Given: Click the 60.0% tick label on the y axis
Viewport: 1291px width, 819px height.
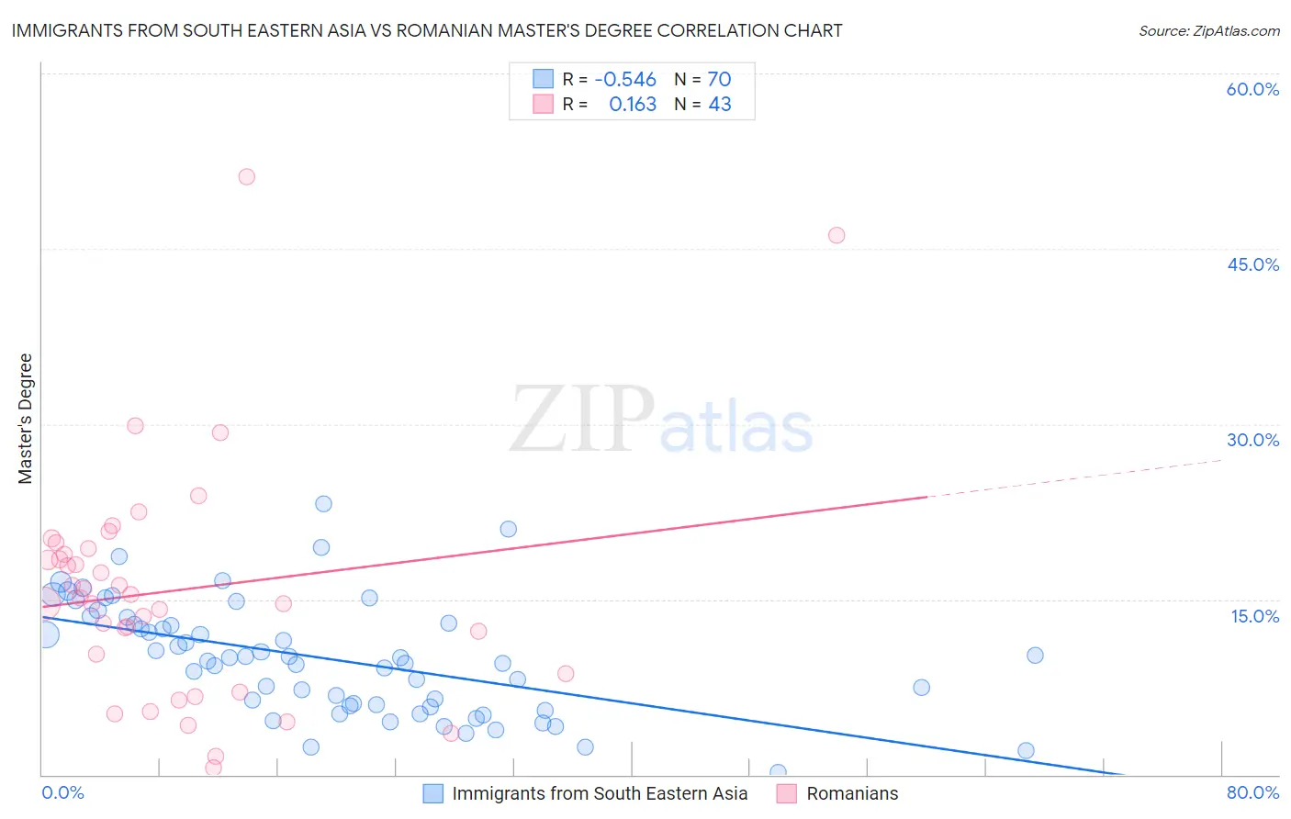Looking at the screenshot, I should coord(1252,89).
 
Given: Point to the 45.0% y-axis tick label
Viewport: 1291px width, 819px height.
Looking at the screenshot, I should coord(1252,264).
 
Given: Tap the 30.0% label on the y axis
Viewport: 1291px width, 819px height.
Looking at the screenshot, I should coord(1252,440).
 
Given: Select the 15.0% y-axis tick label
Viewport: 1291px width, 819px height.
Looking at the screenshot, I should coord(1254,616).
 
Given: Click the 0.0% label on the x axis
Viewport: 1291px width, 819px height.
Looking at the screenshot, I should coord(62,792).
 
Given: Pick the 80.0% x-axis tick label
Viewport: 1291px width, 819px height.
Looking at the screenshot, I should coord(1252,792).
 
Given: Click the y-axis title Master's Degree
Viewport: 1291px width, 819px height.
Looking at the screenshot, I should coord(26,419).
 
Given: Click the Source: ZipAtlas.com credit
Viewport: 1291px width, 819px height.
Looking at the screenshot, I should coord(1208,30).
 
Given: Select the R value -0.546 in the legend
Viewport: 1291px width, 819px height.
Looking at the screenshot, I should coord(625,80).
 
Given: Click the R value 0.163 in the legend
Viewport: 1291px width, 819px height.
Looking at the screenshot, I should coord(633,105).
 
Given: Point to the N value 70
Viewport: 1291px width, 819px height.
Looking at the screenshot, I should coord(719,80).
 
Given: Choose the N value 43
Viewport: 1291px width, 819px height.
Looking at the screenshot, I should coord(720,105).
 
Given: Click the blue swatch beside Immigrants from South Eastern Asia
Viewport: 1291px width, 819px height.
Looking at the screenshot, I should coord(433,793).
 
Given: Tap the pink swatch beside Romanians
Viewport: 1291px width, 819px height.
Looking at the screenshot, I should coord(787,793).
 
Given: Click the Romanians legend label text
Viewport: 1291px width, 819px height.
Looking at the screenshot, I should coord(852,793).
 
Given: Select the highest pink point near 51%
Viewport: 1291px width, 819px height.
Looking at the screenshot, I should coord(246,176).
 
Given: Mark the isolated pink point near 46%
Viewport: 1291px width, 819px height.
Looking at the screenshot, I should coord(836,235).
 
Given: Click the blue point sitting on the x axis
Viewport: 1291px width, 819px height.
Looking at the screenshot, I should coord(778,772).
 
